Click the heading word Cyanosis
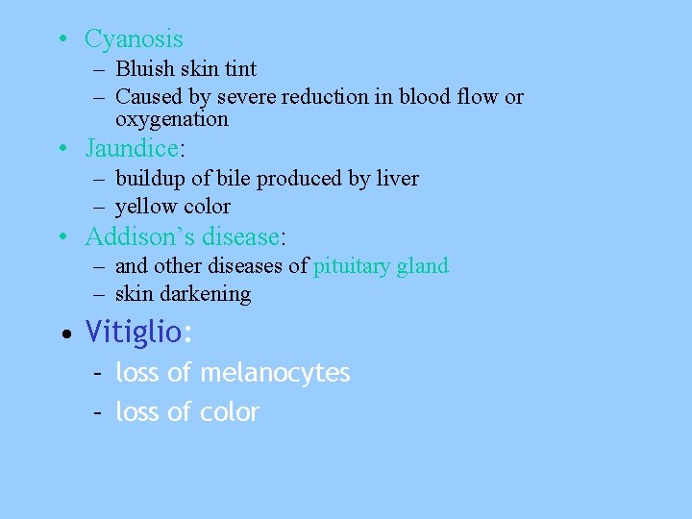134,39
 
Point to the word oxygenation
172,119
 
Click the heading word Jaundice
132,149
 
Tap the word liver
397,179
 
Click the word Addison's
133,236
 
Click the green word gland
425,266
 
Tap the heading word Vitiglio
133,333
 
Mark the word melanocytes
275,373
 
